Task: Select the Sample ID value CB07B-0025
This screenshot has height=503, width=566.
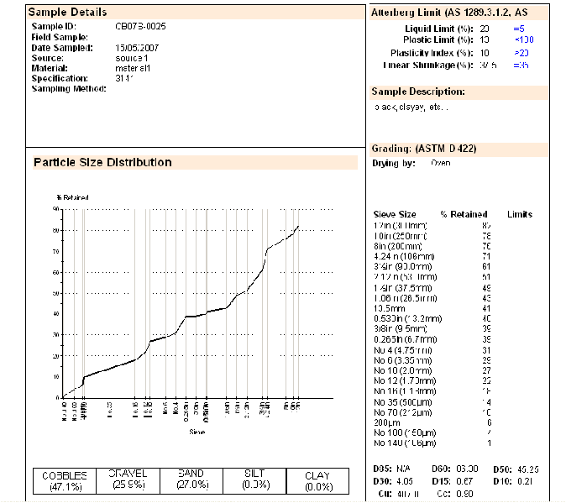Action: coord(140,27)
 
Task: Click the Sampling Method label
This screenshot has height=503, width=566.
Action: coord(68,88)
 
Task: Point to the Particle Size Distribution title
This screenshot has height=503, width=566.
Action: coord(102,162)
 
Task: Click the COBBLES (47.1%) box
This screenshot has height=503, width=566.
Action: coord(66,480)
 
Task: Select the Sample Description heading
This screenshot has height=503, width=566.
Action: coord(418,91)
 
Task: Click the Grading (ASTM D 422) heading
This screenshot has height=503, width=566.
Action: coord(424,149)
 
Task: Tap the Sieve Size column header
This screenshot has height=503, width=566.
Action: coord(395,214)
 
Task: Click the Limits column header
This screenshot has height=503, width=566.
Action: coord(520,214)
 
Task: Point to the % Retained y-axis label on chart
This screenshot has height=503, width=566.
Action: coord(72,197)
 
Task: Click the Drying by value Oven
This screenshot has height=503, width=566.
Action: coord(440,163)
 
